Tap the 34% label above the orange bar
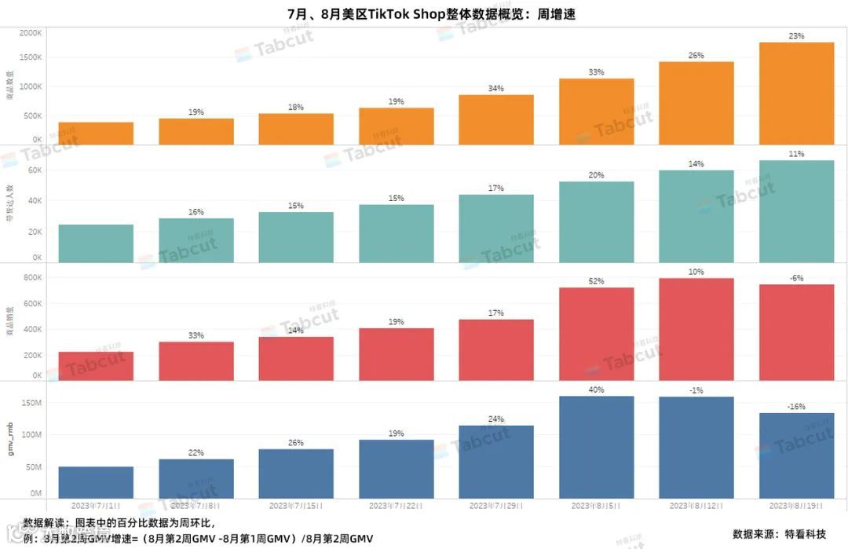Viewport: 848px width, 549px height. [496, 88]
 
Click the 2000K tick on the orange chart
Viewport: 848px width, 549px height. [31, 33]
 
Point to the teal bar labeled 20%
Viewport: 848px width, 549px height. [596, 221]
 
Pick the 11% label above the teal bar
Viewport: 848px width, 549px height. [796, 154]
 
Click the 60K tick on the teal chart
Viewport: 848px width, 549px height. [35, 170]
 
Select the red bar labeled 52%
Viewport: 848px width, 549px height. [596, 334]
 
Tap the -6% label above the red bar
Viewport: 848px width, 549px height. [796, 277]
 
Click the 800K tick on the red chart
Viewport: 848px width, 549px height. [31, 277]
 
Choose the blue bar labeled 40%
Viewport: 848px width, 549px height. [596, 446]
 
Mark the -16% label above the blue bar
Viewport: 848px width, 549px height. [796, 406]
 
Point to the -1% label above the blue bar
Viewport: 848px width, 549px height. [696, 390]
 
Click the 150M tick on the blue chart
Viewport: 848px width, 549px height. [31, 402]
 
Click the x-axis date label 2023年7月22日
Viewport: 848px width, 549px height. [396, 505]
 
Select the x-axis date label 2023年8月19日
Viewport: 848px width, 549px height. [796, 505]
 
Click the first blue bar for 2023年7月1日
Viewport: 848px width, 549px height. [96, 481]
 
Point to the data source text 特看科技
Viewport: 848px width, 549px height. [805, 534]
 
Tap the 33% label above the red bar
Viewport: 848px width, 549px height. [196, 335]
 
